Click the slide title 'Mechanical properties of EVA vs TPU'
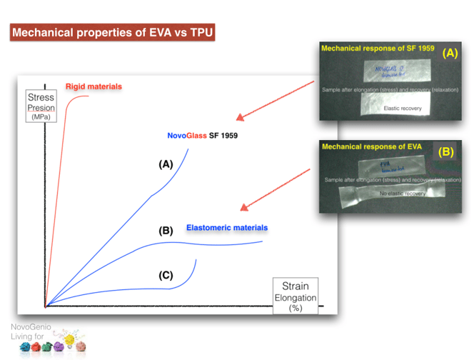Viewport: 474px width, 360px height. [111, 33]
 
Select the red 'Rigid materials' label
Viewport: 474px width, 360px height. [94, 86]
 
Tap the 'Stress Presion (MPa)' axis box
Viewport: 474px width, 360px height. [40, 107]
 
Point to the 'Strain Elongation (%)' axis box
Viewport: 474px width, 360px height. [295, 294]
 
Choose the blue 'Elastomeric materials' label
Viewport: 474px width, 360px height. [227, 228]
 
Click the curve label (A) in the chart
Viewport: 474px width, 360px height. [166, 164]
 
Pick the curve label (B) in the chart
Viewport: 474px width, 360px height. [166, 231]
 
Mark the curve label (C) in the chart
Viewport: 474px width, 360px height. [166, 274]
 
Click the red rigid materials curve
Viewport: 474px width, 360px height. [57, 179]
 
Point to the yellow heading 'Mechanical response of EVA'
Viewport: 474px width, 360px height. [361, 147]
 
